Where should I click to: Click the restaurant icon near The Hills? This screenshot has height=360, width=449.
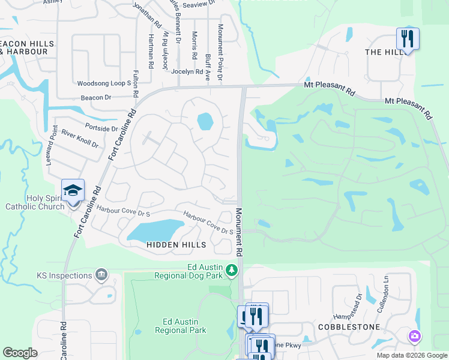tap(408, 39)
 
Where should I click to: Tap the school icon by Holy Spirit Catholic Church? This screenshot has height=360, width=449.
tap(73, 191)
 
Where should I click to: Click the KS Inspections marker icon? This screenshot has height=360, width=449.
tap(101, 275)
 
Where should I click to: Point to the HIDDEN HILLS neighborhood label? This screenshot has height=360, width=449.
tap(176, 245)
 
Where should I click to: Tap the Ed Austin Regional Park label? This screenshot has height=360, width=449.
tap(181, 326)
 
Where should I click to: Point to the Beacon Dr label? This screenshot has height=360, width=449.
tap(96, 97)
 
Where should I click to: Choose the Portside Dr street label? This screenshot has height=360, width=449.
tap(102, 128)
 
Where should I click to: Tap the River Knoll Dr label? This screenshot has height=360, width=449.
tap(80, 140)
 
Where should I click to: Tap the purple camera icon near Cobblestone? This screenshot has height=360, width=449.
tap(414, 336)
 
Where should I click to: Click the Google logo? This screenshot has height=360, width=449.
tap(20, 353)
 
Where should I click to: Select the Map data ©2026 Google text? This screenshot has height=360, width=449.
tap(411, 355)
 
